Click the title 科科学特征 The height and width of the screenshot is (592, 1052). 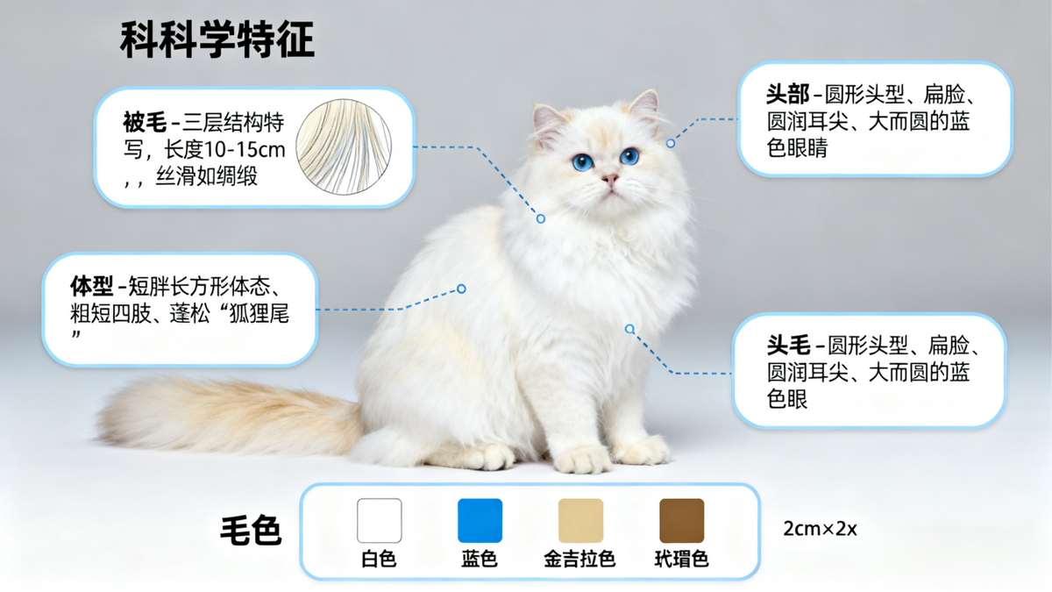[x=217, y=39]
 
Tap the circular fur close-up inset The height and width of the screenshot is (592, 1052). [x=344, y=146]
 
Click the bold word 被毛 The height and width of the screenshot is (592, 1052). [x=145, y=122]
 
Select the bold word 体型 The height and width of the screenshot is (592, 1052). [x=91, y=286]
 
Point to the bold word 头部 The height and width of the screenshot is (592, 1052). [x=788, y=94]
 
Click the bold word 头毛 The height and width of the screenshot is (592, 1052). [x=789, y=346]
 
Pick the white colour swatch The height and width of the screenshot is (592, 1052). [x=380, y=521]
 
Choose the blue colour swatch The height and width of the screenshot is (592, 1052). [x=480, y=521]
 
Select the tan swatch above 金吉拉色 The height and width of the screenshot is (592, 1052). [x=580, y=521]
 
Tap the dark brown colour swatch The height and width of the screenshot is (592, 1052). [x=682, y=521]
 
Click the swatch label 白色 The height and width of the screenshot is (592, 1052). [x=379, y=560]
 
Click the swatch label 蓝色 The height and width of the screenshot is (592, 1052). [x=479, y=560]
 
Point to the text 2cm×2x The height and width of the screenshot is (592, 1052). [x=820, y=529]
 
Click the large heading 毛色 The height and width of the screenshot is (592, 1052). [x=251, y=531]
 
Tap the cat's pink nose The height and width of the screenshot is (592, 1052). [x=610, y=179]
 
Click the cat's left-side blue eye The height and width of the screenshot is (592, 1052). [x=583, y=162]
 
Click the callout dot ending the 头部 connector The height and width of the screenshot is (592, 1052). [x=671, y=143]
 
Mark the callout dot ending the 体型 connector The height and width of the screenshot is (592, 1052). [x=461, y=289]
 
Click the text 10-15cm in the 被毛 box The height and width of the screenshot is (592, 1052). [x=245, y=150]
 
